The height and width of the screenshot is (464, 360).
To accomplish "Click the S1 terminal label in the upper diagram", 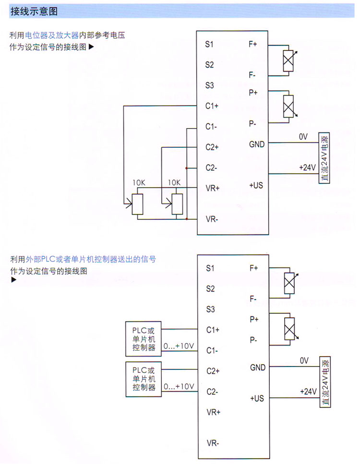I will click(209, 44).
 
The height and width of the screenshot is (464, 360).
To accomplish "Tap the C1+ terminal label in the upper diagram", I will click(212, 106).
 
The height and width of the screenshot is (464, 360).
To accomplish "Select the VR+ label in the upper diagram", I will click(212, 188).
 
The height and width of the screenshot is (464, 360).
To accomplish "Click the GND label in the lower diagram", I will click(257, 368).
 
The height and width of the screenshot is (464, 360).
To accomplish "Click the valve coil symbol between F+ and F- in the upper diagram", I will click(288, 60).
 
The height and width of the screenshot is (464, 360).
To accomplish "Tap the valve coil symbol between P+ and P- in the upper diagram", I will click(288, 107).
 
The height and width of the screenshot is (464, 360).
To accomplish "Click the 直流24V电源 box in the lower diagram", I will click(325, 381).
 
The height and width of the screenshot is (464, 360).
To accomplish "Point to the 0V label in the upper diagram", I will click(303, 137).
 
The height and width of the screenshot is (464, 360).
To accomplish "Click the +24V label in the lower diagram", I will click(308, 391).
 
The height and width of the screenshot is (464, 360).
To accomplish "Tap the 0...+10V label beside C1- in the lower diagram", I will click(179, 346).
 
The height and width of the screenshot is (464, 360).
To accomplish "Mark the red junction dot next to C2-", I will click(186, 168).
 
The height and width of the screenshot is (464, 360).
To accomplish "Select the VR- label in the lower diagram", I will click(213, 443).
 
